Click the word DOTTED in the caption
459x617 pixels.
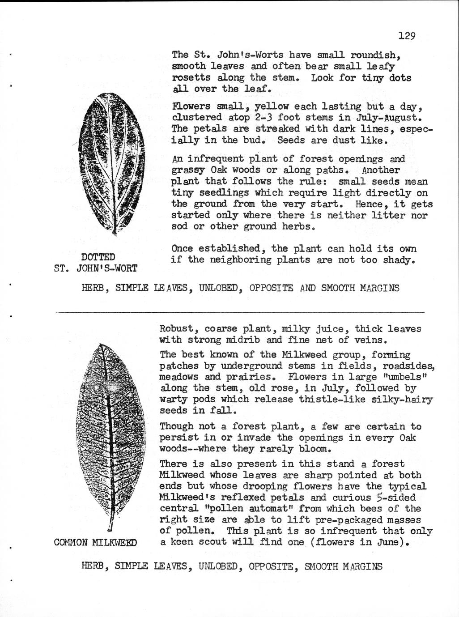tap(99, 257)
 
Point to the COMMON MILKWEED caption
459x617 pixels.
tap(95, 543)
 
